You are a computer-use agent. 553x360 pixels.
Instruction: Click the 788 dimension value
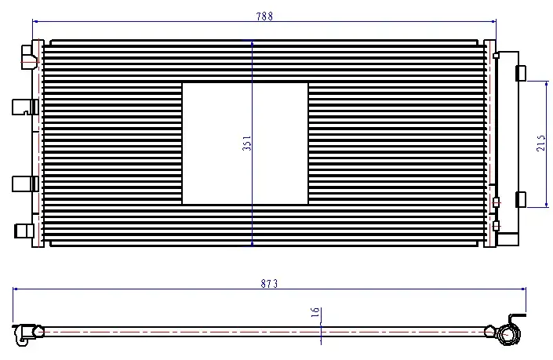click(264, 16)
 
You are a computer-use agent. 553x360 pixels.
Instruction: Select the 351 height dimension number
click(247, 144)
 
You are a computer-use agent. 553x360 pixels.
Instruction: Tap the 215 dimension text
click(540, 143)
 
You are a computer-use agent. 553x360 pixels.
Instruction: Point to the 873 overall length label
click(269, 283)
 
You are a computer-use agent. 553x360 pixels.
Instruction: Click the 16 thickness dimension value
click(315, 311)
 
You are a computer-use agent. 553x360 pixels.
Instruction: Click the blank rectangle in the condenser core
click(245, 144)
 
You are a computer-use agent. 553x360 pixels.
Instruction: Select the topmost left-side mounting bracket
click(29, 56)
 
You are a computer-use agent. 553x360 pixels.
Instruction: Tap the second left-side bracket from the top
click(25, 107)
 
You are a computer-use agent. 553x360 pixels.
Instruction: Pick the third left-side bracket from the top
click(25, 184)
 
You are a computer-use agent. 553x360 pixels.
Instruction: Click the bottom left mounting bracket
click(24, 231)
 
